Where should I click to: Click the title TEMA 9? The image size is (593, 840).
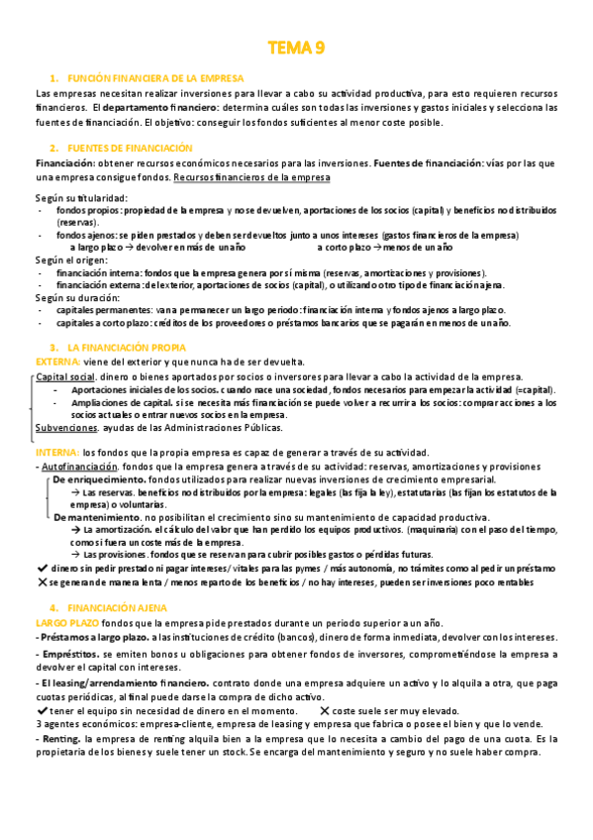tap(297, 48)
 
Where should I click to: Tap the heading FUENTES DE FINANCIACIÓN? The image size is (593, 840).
tap(131, 148)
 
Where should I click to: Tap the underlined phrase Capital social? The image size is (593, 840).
tap(65, 377)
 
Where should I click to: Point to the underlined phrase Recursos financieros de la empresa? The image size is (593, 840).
tap(251, 176)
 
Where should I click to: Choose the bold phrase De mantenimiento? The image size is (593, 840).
tap(96, 518)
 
